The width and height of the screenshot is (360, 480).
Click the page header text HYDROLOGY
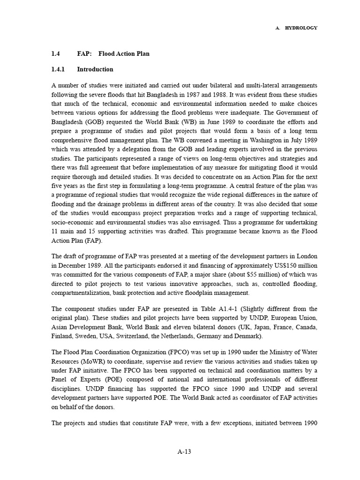point(301,28)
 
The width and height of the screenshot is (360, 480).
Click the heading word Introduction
point(95,69)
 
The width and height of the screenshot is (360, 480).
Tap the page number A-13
point(184,452)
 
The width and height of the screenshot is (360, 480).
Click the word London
point(307,256)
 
